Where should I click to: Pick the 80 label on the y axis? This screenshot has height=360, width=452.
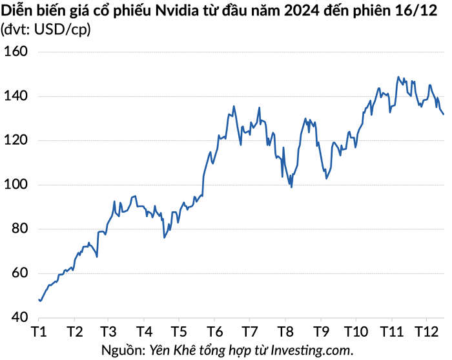(x=20, y=229)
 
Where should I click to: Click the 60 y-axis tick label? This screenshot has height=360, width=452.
(x=20, y=273)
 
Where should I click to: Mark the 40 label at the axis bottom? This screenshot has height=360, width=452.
(x=20, y=317)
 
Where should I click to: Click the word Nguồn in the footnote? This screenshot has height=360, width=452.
(x=123, y=350)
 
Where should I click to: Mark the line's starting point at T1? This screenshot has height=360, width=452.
(x=39, y=299)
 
